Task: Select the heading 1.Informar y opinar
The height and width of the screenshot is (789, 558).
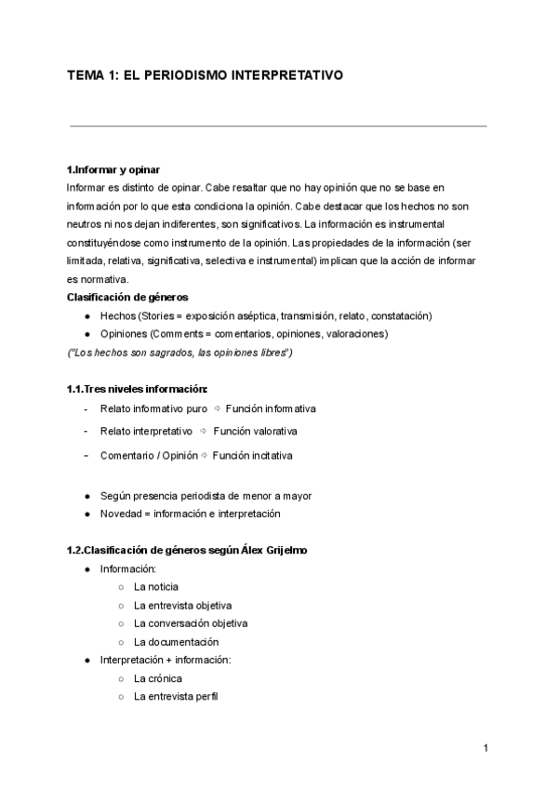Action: pos(113,169)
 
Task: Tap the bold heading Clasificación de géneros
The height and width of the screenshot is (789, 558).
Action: pos(127,298)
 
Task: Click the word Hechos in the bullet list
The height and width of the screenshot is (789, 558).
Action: pos(116,315)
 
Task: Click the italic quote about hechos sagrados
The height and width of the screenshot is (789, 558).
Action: pos(180,353)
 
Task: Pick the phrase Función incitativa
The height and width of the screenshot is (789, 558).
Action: pos(252,456)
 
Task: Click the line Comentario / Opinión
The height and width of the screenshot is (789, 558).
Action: pos(150,456)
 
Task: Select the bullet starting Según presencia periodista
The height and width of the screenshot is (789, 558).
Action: pos(206,496)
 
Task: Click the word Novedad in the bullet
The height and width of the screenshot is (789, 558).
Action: pos(121,514)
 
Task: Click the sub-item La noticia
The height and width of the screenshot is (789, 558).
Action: pos(156,587)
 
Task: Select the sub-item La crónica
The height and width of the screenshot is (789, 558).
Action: pos(157,678)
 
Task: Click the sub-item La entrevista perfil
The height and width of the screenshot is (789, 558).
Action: pos(176,697)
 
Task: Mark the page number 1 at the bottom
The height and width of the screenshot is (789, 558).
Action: pos(486,748)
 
